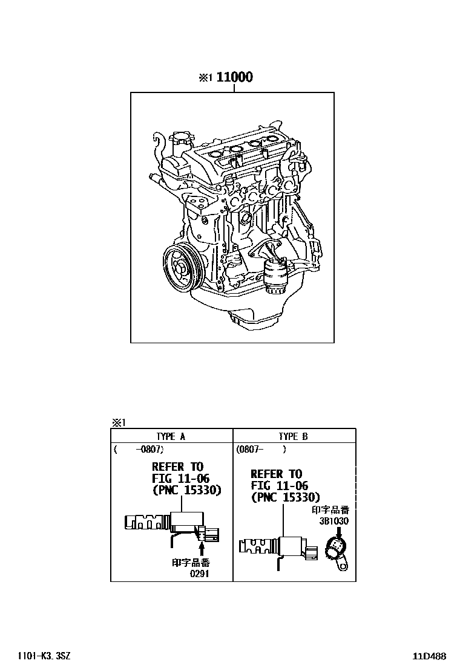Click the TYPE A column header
click(171, 436)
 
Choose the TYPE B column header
click(294, 436)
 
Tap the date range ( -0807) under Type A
click(139, 450)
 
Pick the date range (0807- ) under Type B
click(261, 450)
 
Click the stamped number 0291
click(199, 573)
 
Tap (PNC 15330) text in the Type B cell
click(285, 497)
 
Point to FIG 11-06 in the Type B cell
click(279, 486)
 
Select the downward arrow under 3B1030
click(339, 531)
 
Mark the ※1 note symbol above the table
click(117, 423)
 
